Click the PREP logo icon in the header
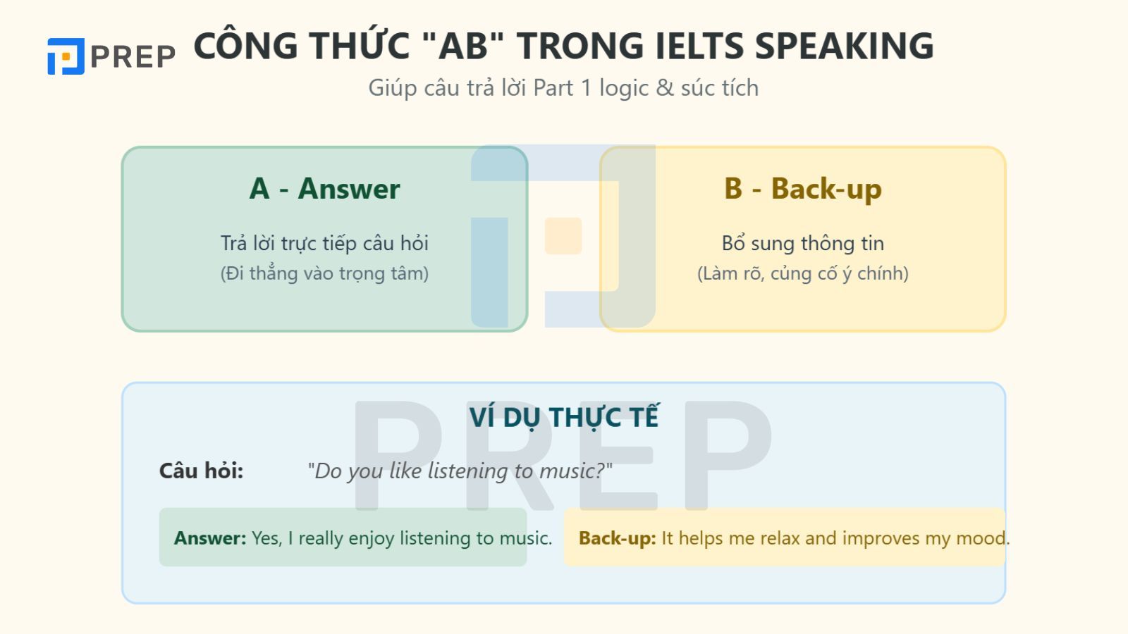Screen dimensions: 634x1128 (x=66, y=56)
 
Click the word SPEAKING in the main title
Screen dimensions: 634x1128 (x=844, y=46)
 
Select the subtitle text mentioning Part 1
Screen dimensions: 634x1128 (x=563, y=88)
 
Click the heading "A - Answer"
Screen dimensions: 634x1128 (x=324, y=189)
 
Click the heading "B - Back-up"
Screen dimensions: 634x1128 (x=802, y=189)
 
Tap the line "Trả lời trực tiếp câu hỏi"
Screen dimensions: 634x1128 (x=324, y=243)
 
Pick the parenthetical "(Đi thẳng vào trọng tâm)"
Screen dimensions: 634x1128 (x=324, y=273)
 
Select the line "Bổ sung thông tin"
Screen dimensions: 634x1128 (x=802, y=243)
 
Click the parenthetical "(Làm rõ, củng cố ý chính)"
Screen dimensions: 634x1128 (x=802, y=273)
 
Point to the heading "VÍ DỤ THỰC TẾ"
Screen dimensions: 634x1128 (x=563, y=417)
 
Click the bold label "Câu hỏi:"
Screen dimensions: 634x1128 (x=201, y=471)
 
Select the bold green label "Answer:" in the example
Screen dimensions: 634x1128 (x=210, y=538)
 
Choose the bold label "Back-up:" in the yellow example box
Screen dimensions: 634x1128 (x=617, y=538)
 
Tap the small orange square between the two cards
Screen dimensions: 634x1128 (x=563, y=236)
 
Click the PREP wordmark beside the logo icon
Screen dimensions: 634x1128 (x=133, y=56)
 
